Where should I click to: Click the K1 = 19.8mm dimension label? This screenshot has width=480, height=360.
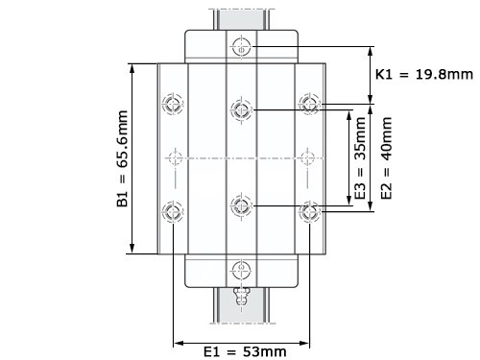tap(424, 74)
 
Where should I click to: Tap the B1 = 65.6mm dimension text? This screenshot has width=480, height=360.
tap(122, 158)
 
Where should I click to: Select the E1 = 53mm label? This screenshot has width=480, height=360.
tap(245, 351)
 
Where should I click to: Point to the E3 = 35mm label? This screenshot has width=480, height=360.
tap(360, 158)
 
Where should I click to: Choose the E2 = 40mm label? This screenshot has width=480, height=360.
tap(386, 158)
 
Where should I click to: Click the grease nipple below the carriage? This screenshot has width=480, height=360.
tap(241, 297)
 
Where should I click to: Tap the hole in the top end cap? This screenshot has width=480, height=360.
tap(241, 47)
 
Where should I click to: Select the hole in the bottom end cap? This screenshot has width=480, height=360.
tap(241, 270)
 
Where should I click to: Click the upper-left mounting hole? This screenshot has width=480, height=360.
tap(173, 104)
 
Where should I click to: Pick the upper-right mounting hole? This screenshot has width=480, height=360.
tap(309, 104)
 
